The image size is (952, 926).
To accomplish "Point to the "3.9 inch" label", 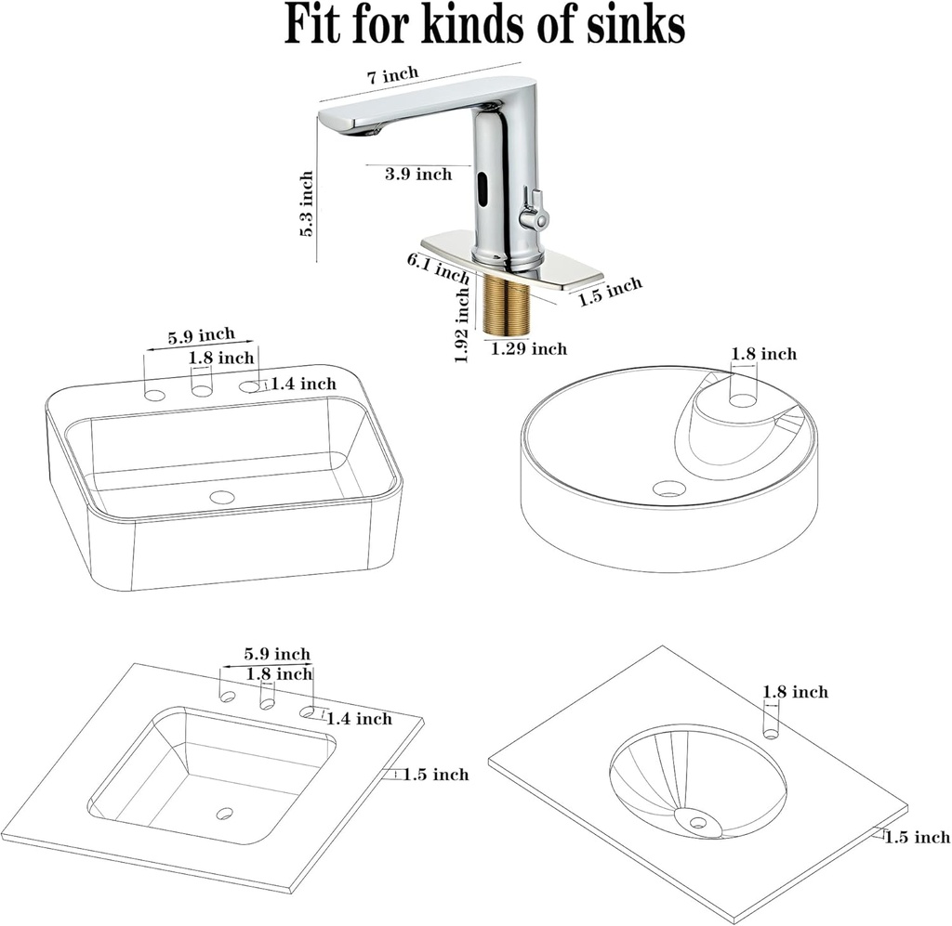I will click(418, 174).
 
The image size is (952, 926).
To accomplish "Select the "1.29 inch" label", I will click(528, 349).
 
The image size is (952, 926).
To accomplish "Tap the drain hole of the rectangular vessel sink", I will click(222, 497).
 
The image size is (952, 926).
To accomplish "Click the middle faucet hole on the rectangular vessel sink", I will click(202, 390).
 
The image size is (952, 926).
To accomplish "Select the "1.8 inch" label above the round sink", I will click(763, 354).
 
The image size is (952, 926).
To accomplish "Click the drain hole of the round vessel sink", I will click(668, 488).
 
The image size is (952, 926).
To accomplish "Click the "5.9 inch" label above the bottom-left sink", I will click(277, 655).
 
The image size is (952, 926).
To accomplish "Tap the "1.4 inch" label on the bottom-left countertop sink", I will click(359, 718).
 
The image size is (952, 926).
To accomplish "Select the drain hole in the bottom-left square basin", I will click(225, 814).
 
